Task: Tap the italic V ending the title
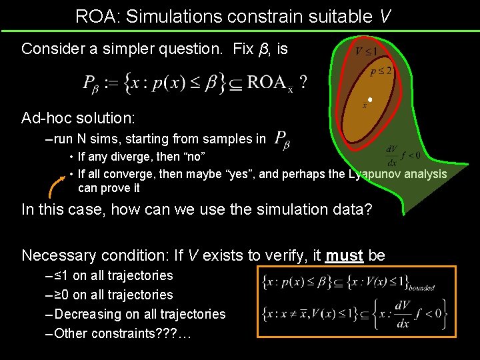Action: click(x=385, y=16)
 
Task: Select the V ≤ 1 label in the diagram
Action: click(x=365, y=51)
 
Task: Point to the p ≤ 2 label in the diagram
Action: click(x=380, y=70)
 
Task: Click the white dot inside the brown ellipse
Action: click(x=369, y=100)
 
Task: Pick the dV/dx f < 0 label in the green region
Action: click(x=402, y=155)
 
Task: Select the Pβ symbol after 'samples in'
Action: click(x=281, y=139)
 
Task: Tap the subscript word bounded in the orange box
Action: click(x=421, y=288)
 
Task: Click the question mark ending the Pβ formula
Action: click(x=303, y=82)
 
